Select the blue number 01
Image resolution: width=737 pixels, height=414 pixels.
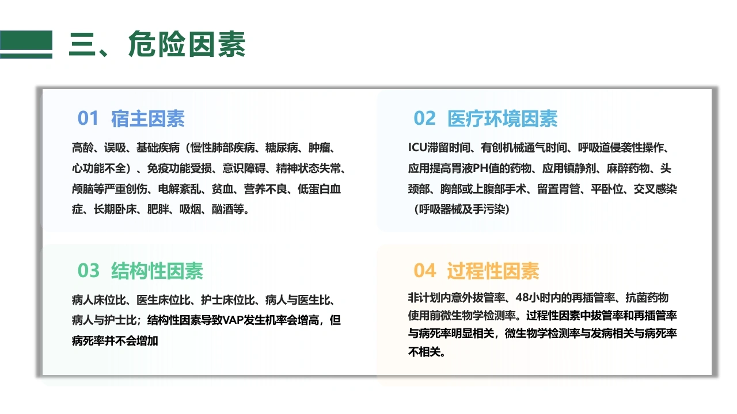point(88,118)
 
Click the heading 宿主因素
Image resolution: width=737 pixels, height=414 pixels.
point(148,118)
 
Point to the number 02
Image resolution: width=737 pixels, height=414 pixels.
point(424,118)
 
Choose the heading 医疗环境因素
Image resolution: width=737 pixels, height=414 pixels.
point(503,118)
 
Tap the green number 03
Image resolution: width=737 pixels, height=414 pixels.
point(88,271)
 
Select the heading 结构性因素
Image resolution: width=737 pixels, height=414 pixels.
point(157,271)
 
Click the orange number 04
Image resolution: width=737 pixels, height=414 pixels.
point(424,271)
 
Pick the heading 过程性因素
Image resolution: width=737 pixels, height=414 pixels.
point(493,271)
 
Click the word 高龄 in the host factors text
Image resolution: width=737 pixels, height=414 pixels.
point(82,148)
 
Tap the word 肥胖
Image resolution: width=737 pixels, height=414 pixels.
point(158,209)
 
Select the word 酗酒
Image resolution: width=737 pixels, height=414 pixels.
point(222,209)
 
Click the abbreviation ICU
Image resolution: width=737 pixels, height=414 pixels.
point(417,148)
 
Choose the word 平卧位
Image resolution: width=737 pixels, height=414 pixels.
point(607,189)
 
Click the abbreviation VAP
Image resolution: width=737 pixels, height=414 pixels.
point(233,320)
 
